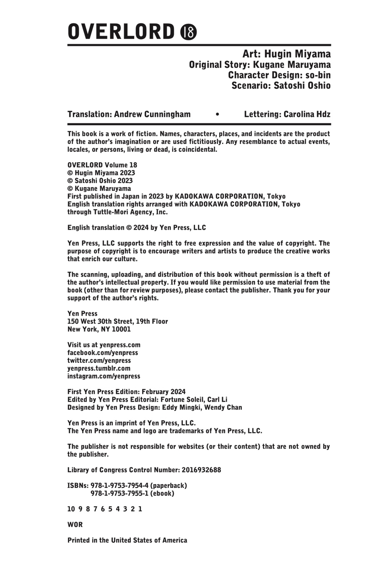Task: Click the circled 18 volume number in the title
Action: click(188, 32)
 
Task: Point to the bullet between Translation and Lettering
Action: click(217, 114)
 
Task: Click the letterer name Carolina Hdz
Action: click(307, 114)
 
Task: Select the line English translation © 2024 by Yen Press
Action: click(137, 228)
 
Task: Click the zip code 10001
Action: click(120, 329)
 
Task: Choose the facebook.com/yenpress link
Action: click(102, 353)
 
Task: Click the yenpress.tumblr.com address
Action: click(99, 368)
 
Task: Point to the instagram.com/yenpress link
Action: click(104, 376)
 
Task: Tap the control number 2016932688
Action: click(201, 470)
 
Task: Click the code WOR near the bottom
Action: click(75, 525)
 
